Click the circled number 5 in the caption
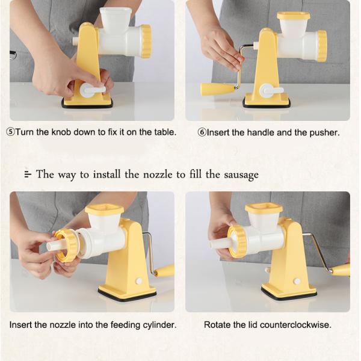(10, 132)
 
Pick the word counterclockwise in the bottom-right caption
(296, 325)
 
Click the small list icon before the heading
(27, 175)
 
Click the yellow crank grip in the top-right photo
(217, 89)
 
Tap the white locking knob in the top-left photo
(91, 90)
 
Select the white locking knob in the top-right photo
(270, 91)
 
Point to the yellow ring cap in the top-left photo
(146, 41)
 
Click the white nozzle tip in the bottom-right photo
(217, 244)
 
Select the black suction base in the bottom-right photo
(289, 294)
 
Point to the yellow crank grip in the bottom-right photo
(341, 270)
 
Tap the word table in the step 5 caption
(164, 132)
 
